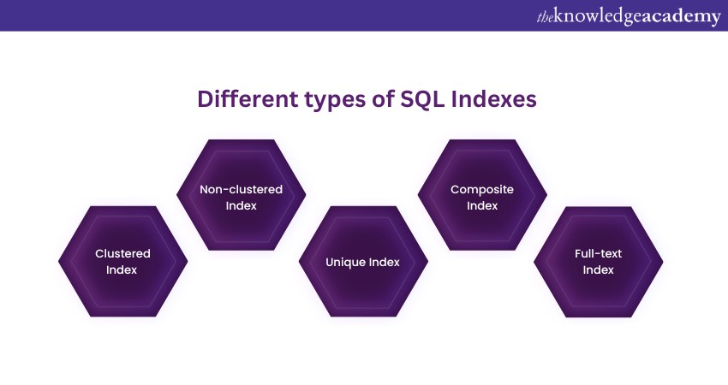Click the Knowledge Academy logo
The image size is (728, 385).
tap(629, 17)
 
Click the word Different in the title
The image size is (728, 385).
tap(248, 98)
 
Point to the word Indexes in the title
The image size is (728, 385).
tap(493, 98)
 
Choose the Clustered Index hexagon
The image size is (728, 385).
tap(123, 262)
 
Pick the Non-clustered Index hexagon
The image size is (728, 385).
tap(241, 195)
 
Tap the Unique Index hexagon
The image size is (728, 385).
tap(363, 262)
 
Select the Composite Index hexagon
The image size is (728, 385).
tap(482, 195)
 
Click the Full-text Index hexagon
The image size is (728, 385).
tap(599, 262)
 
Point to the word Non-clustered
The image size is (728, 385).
tap(241, 189)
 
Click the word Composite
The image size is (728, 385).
tap(482, 190)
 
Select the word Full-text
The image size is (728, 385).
tap(598, 253)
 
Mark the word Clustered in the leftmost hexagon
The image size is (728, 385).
tap(122, 253)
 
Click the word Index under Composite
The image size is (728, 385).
tap(482, 205)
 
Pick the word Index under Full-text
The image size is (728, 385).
tap(598, 269)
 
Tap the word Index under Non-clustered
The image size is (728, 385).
tap(241, 205)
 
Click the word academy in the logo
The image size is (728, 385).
tap(680, 18)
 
